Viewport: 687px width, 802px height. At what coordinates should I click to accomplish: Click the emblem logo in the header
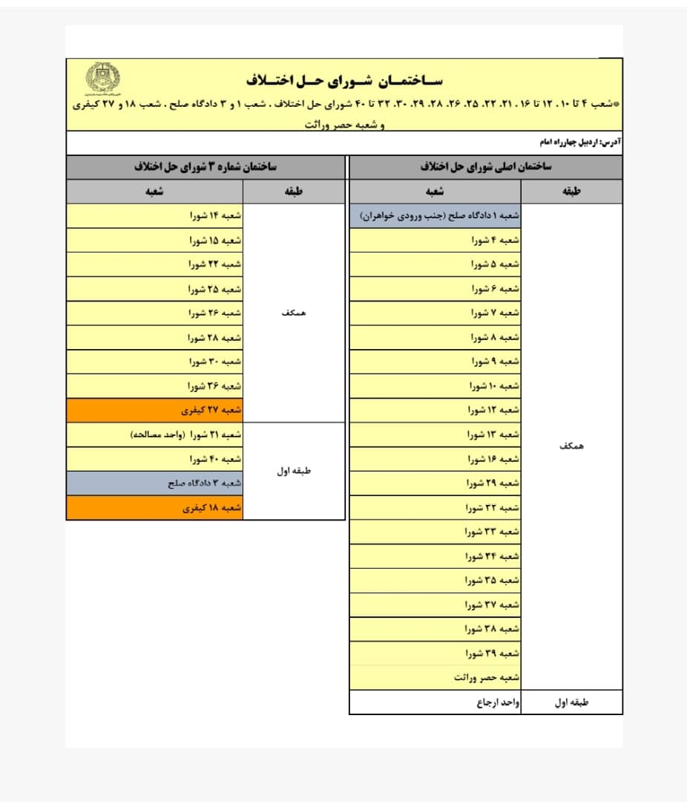point(103,78)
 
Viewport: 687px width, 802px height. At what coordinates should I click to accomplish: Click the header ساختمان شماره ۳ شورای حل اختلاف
point(206,168)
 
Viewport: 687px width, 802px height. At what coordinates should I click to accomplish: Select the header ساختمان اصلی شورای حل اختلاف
point(485,168)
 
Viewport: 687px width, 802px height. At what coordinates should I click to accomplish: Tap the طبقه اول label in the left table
point(294,472)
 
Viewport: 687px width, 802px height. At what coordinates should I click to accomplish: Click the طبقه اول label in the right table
point(571,702)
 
